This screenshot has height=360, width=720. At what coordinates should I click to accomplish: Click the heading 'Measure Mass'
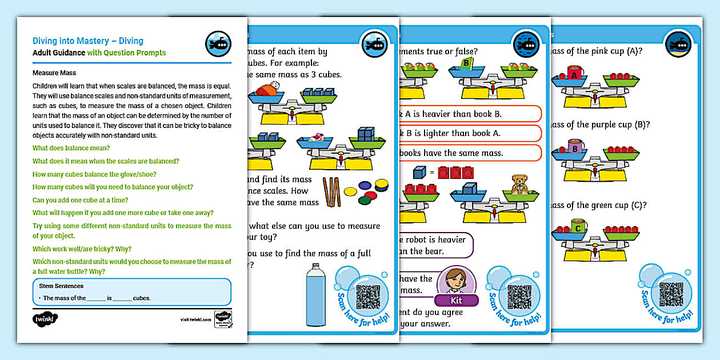(x=54, y=73)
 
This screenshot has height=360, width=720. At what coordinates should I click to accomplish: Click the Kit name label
(x=455, y=300)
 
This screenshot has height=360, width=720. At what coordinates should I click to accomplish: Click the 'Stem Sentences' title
(x=61, y=286)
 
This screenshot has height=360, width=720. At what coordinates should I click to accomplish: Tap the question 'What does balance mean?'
(x=71, y=148)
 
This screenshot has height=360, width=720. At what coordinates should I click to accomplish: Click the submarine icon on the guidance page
(x=218, y=44)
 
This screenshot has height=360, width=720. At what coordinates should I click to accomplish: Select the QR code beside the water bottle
(x=368, y=297)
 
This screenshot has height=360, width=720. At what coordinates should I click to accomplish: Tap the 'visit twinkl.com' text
(x=195, y=319)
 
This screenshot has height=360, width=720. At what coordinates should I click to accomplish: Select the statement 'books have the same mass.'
(x=451, y=153)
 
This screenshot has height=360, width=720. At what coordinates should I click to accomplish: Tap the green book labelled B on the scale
(x=467, y=62)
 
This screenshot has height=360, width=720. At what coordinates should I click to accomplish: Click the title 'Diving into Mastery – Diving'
(x=88, y=41)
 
